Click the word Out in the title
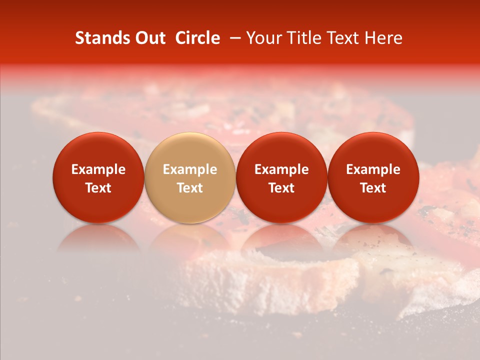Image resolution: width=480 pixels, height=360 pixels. tap(150, 38)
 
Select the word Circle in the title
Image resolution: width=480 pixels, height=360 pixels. tap(197, 38)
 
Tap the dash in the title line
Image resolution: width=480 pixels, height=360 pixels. tap(233, 38)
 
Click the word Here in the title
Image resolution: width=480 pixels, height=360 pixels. tap(383, 38)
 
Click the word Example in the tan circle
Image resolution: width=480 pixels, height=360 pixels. tap(189, 169)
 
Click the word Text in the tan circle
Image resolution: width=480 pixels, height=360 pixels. tap(189, 188)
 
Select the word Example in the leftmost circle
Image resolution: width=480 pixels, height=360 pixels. tap(98, 169)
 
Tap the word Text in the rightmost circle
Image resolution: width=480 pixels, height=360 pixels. tap(373, 188)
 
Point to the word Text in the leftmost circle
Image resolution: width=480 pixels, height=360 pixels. tap(98, 188)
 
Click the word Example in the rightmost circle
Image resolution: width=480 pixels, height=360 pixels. tap(373, 169)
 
